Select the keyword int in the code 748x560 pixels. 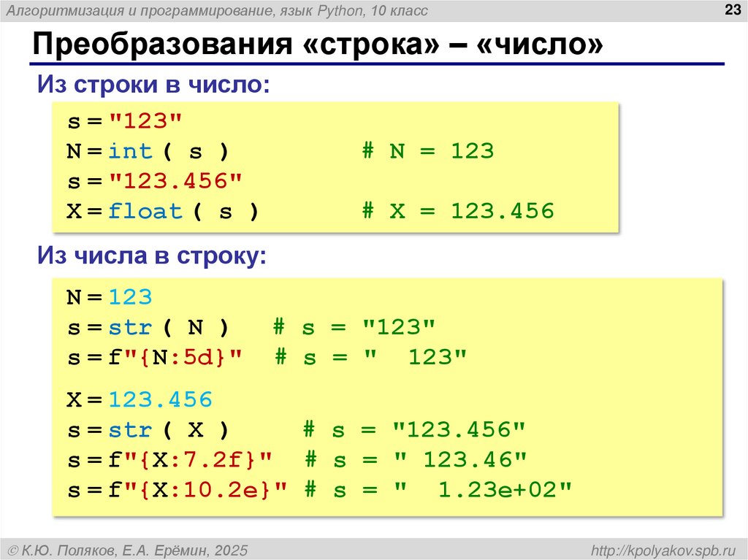tap(131, 152)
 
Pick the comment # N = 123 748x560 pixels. tap(428, 152)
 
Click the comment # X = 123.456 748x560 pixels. tap(458, 212)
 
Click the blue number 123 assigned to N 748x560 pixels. tap(131, 298)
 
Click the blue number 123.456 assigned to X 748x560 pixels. tap(161, 400)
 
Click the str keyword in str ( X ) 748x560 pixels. tap(131, 430)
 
